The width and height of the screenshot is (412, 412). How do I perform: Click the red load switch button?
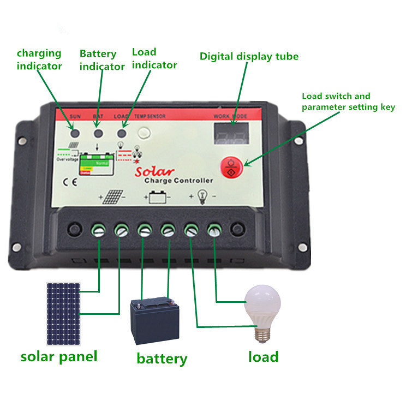[x=231, y=166]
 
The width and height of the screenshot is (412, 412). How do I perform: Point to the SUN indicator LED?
[x=74, y=133]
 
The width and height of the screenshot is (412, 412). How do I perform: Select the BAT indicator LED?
[x=99, y=133]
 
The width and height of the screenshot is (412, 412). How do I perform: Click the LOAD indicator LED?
[x=122, y=133]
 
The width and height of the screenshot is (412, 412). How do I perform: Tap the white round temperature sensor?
[x=145, y=132]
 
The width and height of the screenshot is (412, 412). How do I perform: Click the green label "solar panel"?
[x=59, y=357]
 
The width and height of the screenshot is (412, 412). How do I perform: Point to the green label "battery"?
[x=162, y=359]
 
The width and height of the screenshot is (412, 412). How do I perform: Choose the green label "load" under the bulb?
[x=263, y=357]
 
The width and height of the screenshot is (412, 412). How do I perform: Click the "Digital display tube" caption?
[x=249, y=56]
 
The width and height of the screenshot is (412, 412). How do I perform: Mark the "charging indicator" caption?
[x=39, y=59]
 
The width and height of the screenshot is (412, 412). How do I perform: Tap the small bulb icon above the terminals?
[x=203, y=195]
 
